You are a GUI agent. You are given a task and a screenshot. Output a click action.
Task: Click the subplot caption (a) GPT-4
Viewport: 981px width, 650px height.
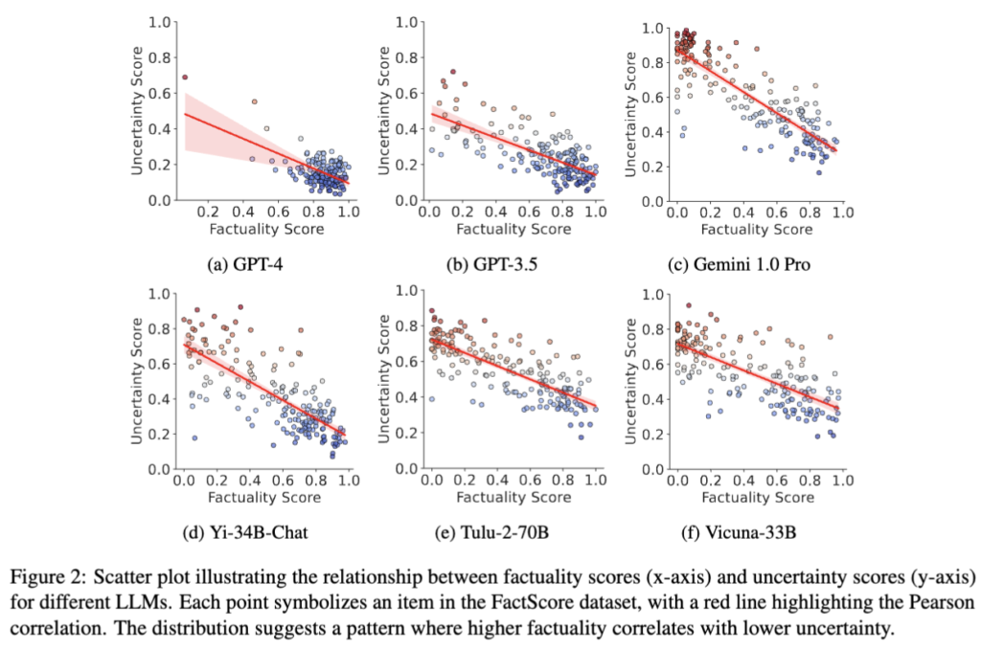coord(259,264)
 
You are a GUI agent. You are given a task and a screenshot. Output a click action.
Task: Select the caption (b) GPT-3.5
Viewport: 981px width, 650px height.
coord(505,264)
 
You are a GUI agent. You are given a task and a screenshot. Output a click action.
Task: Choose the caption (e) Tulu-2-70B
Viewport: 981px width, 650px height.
coord(505,533)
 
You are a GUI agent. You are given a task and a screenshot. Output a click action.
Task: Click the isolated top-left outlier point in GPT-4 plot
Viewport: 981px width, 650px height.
coord(185,77)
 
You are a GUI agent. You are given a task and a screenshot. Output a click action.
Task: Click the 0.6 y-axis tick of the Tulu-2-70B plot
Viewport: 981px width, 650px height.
coord(407,361)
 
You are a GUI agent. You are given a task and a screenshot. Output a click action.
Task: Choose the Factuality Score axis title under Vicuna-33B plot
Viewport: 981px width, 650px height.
coord(756,498)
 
